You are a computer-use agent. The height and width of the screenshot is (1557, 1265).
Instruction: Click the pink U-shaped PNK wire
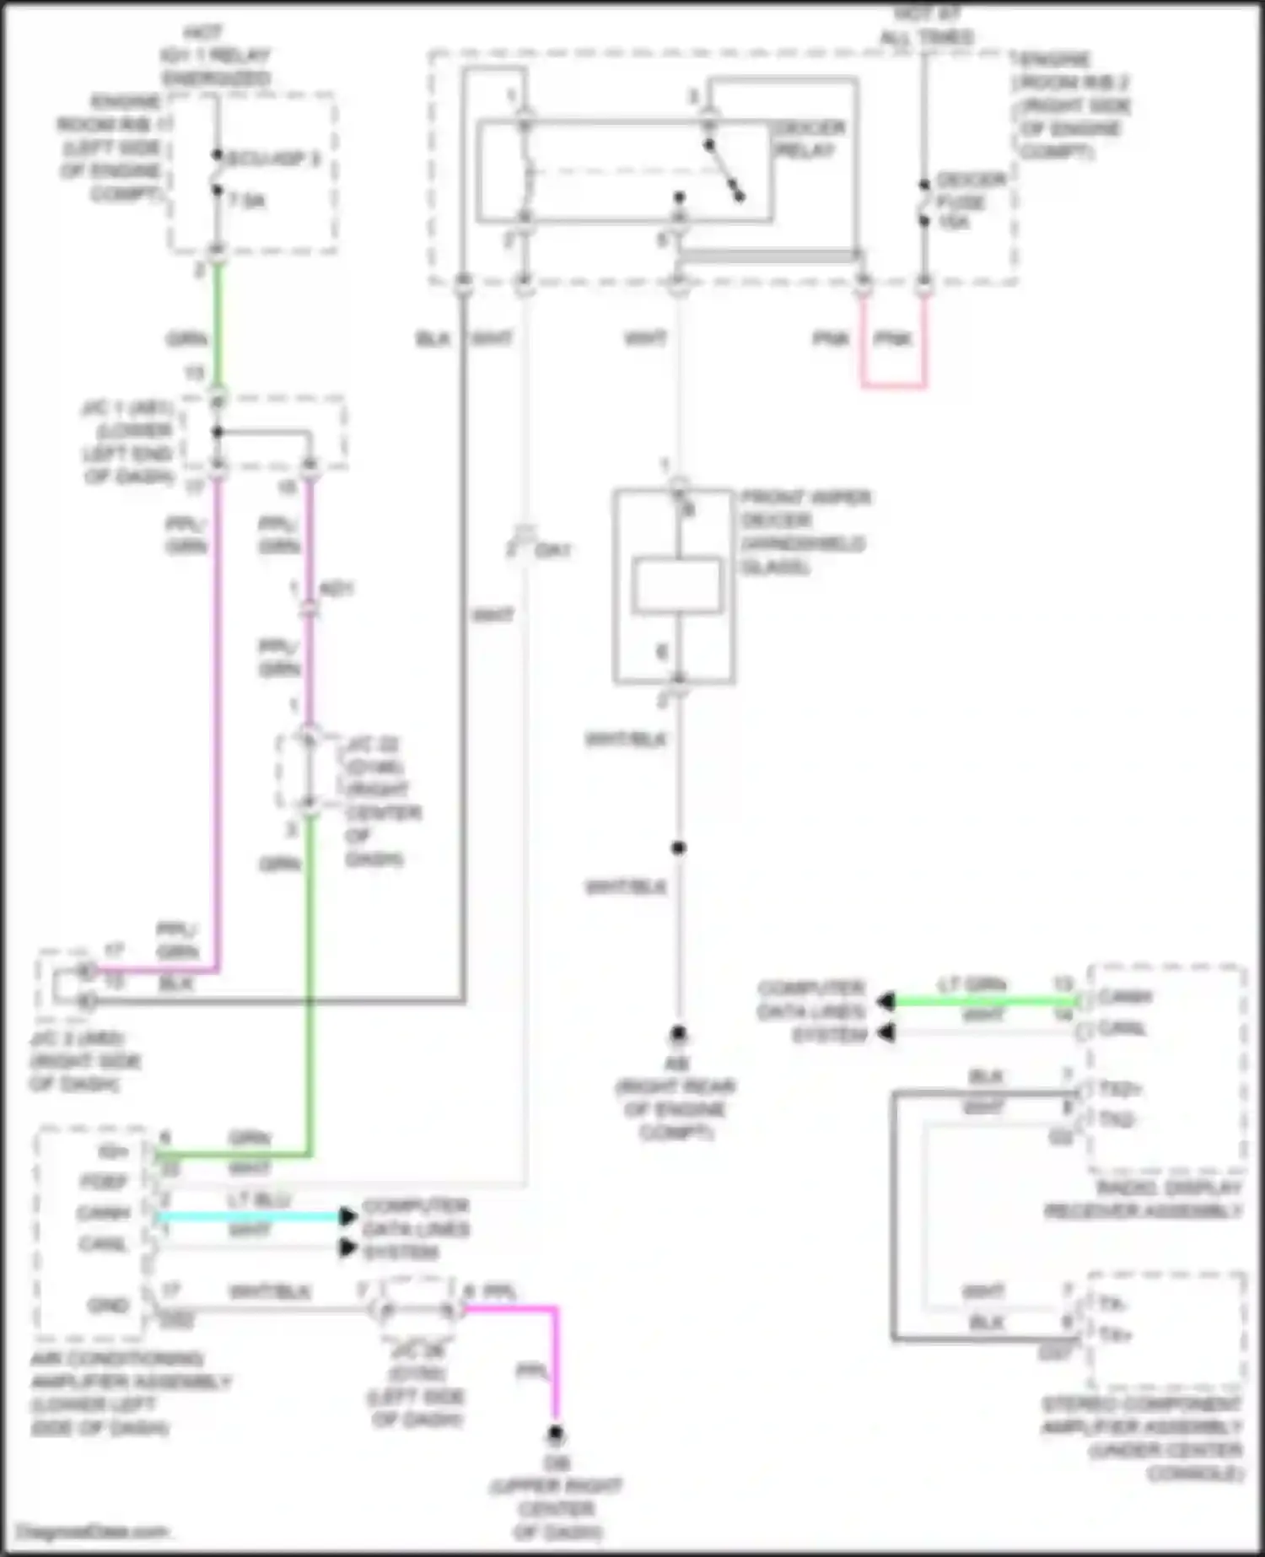pyautogui.click(x=893, y=385)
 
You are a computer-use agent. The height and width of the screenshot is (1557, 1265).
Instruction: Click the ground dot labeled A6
pyautogui.click(x=678, y=1033)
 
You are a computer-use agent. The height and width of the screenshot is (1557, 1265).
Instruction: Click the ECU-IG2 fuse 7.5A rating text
pyautogui.click(x=247, y=201)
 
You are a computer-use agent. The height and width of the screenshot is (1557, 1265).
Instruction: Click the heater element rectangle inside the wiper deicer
pyautogui.click(x=677, y=585)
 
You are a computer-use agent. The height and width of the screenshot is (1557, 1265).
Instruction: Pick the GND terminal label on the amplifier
pyautogui.click(x=108, y=1305)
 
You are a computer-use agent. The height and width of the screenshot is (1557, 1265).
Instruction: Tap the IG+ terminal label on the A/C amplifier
pyautogui.click(x=113, y=1151)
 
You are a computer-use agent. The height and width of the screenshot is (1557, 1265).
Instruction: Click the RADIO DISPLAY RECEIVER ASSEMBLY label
pyautogui.click(x=1144, y=1199)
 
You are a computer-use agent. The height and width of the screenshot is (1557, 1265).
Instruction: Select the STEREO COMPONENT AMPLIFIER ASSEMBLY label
pyautogui.click(x=1143, y=1439)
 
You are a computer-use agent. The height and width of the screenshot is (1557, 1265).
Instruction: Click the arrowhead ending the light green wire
pyautogui.click(x=885, y=1002)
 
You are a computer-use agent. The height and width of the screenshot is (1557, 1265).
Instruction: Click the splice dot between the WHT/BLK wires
pyautogui.click(x=678, y=848)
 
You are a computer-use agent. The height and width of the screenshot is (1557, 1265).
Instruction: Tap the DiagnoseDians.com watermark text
pyautogui.click(x=93, y=1531)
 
